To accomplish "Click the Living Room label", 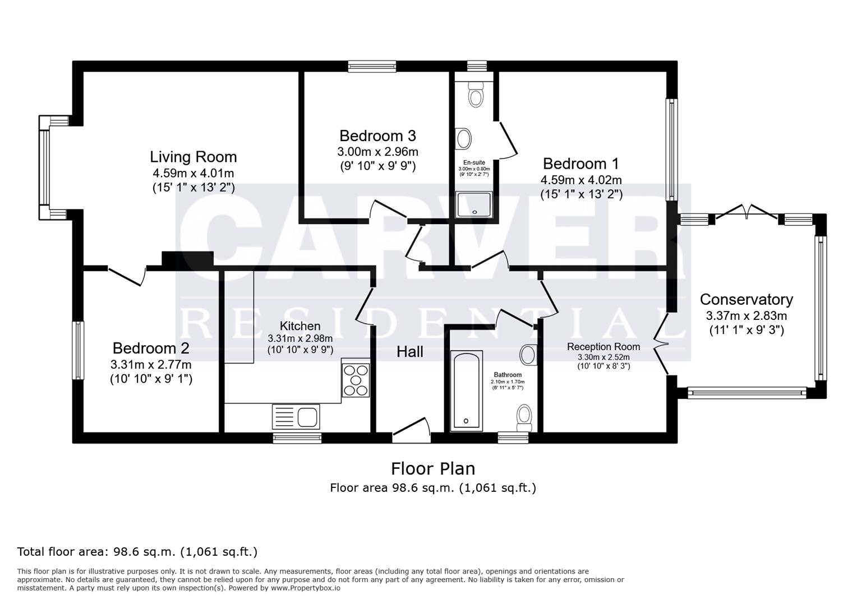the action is click(x=194, y=157).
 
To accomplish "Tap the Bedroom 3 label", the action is click(x=377, y=136).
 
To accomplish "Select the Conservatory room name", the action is click(x=746, y=300).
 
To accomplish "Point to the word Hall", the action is click(x=410, y=352).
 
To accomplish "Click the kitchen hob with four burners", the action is click(x=356, y=380).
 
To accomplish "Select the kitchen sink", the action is click(x=296, y=417).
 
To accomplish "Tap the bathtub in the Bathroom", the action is click(x=467, y=390).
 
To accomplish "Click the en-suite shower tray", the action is click(x=474, y=204).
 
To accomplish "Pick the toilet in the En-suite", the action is click(x=475, y=94).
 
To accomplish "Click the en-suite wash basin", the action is click(x=463, y=138).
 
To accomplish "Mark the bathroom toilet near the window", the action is click(x=525, y=418).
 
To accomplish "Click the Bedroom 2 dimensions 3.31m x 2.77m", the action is click(x=151, y=365).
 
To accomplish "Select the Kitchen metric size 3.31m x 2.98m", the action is click(x=300, y=339).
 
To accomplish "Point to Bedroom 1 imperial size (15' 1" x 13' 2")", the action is click(x=581, y=194).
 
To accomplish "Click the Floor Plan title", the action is click(x=433, y=469).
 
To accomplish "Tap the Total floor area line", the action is click(x=137, y=552).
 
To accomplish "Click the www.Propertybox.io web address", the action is click(x=306, y=588).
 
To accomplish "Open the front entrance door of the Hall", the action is click(x=411, y=430).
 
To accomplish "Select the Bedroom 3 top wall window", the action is click(x=372, y=66).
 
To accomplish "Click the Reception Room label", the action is click(x=604, y=347).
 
